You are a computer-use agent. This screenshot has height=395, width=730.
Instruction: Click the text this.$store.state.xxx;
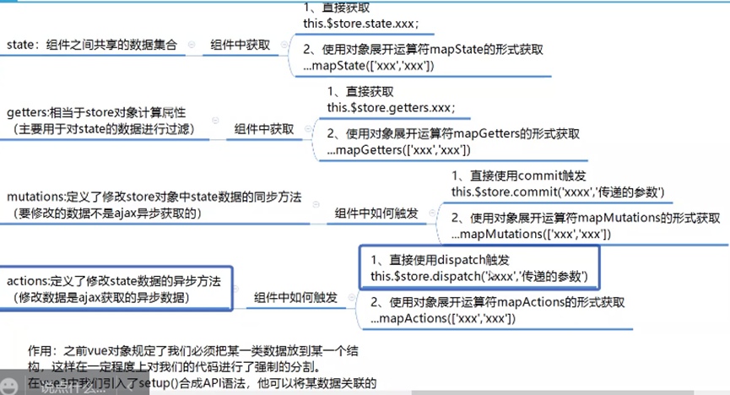[x=354, y=22]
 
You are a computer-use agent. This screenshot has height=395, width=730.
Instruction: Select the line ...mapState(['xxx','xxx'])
[x=369, y=67]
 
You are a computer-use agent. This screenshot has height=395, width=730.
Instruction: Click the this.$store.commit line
[x=558, y=192]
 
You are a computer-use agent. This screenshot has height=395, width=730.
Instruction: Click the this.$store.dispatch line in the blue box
[x=479, y=276]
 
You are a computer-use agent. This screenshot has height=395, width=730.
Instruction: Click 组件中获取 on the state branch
[x=241, y=45]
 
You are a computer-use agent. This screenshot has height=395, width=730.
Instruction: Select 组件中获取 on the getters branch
[x=263, y=128]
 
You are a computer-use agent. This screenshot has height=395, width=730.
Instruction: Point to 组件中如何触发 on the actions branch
[x=296, y=297]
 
